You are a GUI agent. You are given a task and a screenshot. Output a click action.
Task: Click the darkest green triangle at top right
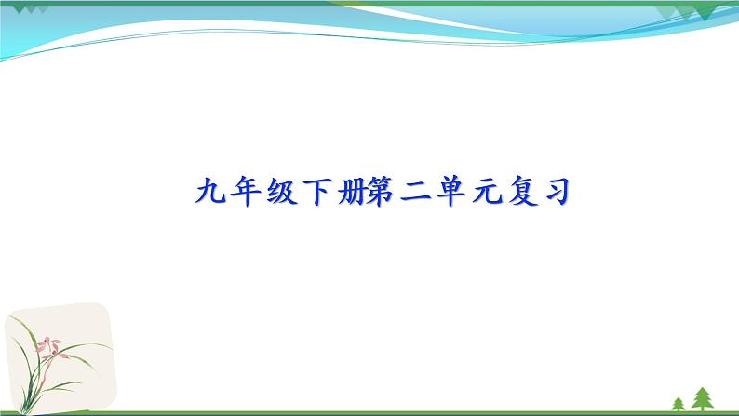click(x=705, y=11)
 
